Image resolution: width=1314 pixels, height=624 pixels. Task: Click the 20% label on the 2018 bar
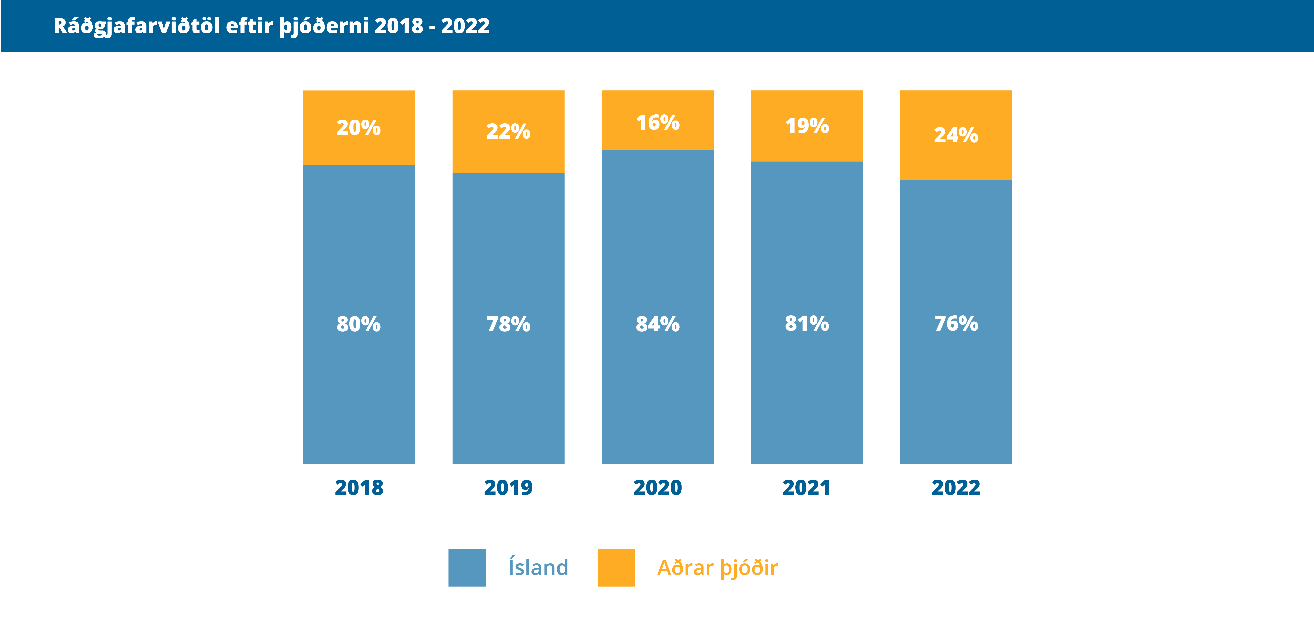(359, 128)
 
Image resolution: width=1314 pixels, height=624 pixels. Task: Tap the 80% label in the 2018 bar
(359, 324)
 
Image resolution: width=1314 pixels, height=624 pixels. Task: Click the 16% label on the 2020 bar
(658, 122)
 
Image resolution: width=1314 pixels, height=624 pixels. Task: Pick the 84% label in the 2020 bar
(658, 324)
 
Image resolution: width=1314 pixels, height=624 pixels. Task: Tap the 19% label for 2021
(807, 126)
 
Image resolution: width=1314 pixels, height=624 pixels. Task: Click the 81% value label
(807, 323)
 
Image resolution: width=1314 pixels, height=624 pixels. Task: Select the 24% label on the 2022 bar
(956, 135)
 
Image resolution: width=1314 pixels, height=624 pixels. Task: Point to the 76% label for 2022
(956, 323)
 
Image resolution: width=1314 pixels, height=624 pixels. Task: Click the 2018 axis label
(359, 488)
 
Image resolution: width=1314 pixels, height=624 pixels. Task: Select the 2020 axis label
(658, 488)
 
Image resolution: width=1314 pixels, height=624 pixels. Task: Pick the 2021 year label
(807, 488)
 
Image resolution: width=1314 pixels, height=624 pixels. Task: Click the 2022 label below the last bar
(956, 488)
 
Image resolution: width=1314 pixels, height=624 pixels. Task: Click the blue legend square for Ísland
(467, 568)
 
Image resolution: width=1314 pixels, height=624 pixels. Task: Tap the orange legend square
(616, 568)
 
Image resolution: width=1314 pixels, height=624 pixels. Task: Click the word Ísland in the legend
(538, 567)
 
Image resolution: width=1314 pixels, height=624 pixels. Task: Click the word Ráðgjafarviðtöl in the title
(136, 26)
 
